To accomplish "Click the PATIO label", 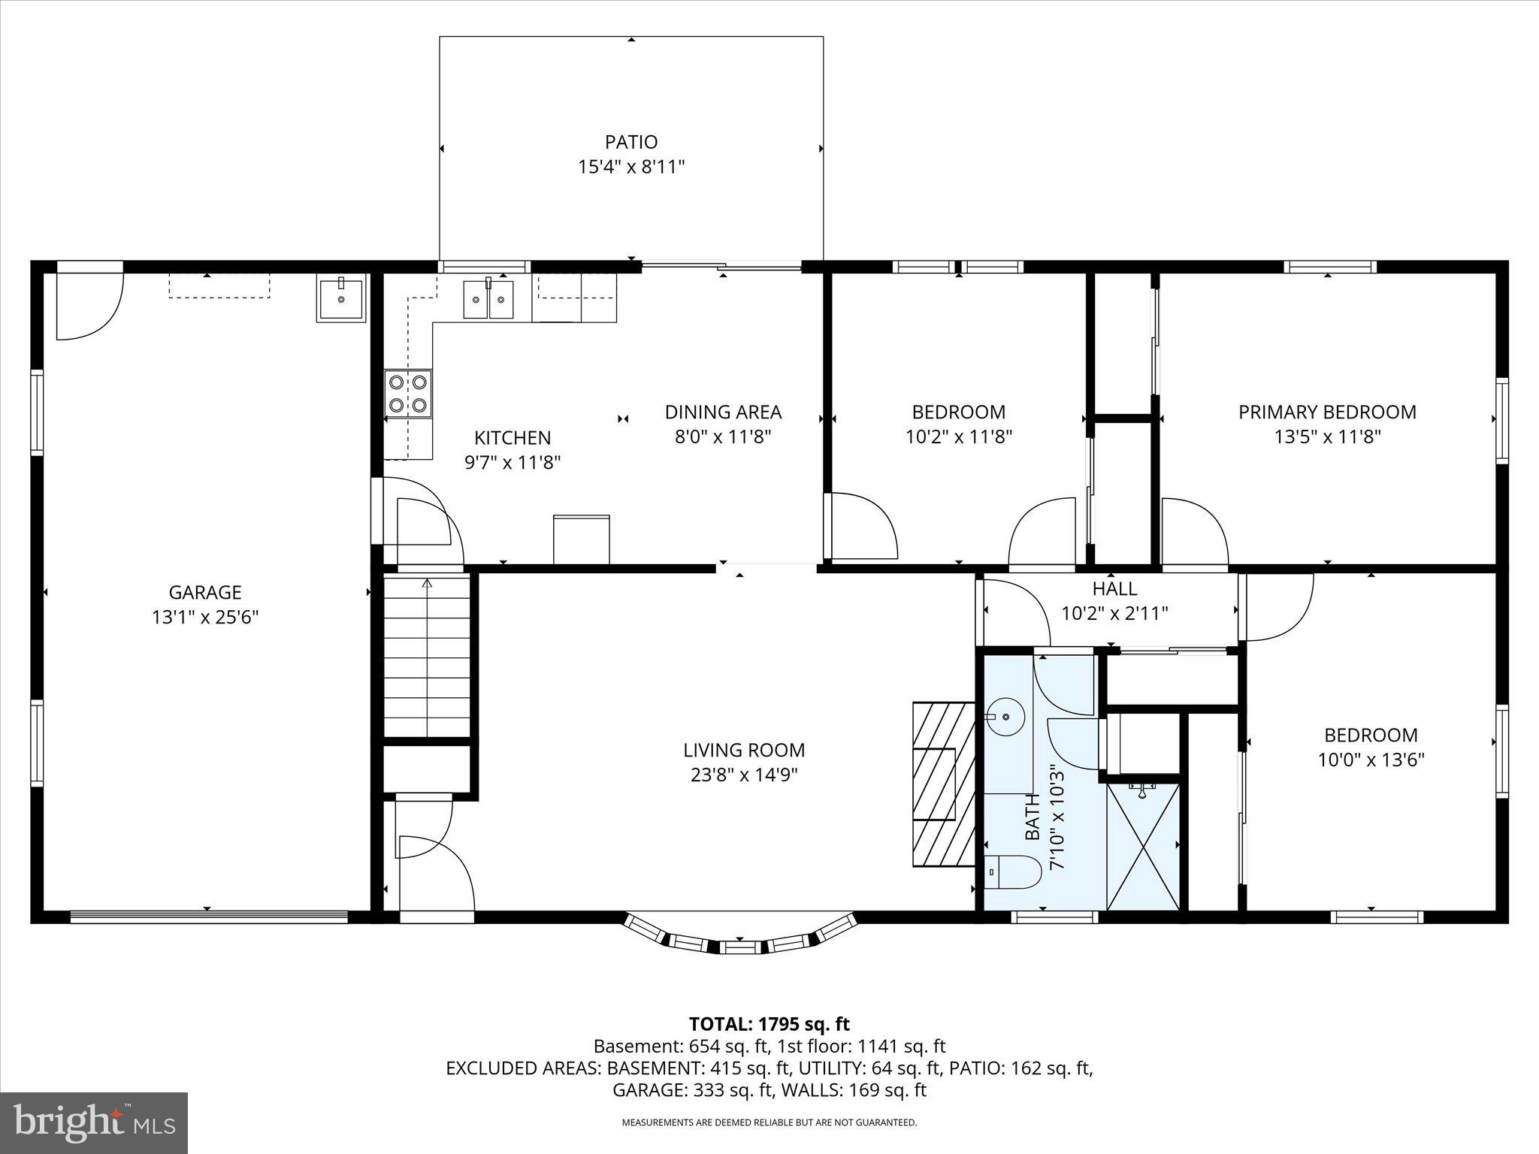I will (x=631, y=142).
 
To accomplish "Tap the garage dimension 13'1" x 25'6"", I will (x=205, y=618).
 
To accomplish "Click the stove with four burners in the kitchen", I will (x=408, y=394).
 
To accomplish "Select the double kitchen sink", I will (x=488, y=299).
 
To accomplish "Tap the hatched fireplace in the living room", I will (x=943, y=784).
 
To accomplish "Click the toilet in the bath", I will (x=1012, y=872).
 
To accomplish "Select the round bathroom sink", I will (x=1005, y=717).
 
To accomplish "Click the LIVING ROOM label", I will (x=744, y=750).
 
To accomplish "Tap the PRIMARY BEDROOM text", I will (x=1327, y=412).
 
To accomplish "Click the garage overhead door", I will (x=208, y=916).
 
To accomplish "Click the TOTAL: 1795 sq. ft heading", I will (x=769, y=1023).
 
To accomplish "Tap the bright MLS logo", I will (x=94, y=1122).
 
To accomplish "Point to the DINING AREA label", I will (x=723, y=412).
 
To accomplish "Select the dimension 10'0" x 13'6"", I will (x=1371, y=760).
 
